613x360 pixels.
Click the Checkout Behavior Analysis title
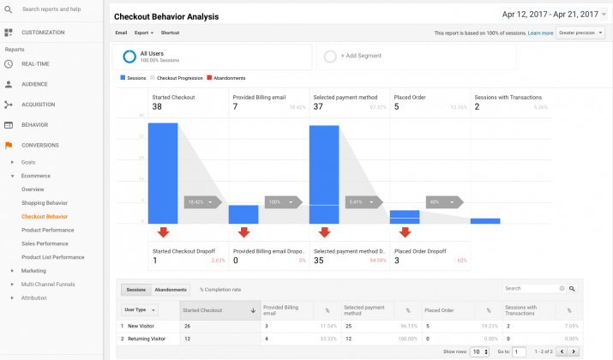(166, 16)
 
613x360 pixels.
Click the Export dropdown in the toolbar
(143, 33)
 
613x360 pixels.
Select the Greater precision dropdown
(580, 33)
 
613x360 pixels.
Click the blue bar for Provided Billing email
(243, 214)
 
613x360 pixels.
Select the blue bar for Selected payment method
(324, 175)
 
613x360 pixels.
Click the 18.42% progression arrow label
(202, 202)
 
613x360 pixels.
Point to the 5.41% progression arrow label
(364, 202)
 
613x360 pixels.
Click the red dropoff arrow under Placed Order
(405, 232)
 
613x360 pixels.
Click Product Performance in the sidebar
(47, 230)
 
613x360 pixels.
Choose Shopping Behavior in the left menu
(45, 202)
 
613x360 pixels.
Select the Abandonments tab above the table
(171, 289)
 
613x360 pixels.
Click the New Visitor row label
(147, 326)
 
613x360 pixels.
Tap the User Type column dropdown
(141, 309)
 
